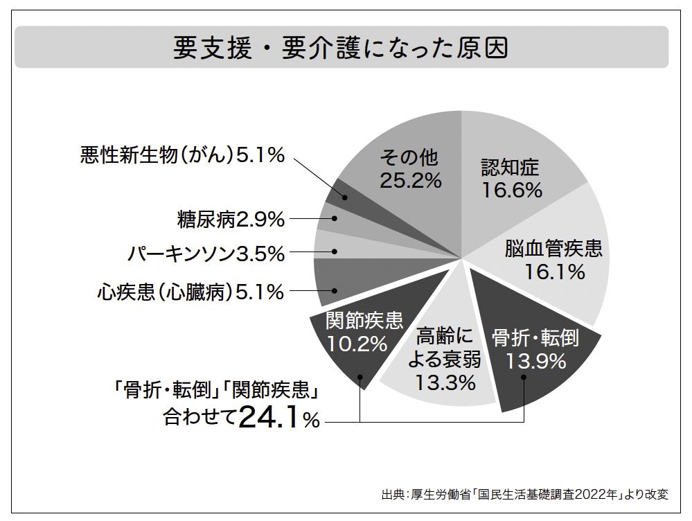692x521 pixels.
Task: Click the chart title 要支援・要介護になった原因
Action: (x=341, y=48)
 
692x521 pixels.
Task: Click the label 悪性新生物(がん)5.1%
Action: (x=182, y=155)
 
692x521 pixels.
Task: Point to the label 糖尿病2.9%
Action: (x=231, y=220)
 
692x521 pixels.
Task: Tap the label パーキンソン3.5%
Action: (x=206, y=254)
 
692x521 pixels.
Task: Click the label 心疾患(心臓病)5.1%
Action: (x=190, y=292)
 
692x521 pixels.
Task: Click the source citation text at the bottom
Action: (x=525, y=495)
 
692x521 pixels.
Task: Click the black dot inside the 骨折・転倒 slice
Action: (x=524, y=378)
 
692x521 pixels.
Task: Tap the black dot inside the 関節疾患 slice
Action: (x=361, y=378)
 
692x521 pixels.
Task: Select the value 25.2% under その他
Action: (x=410, y=181)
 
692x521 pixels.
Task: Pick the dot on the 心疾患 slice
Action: (x=335, y=292)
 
